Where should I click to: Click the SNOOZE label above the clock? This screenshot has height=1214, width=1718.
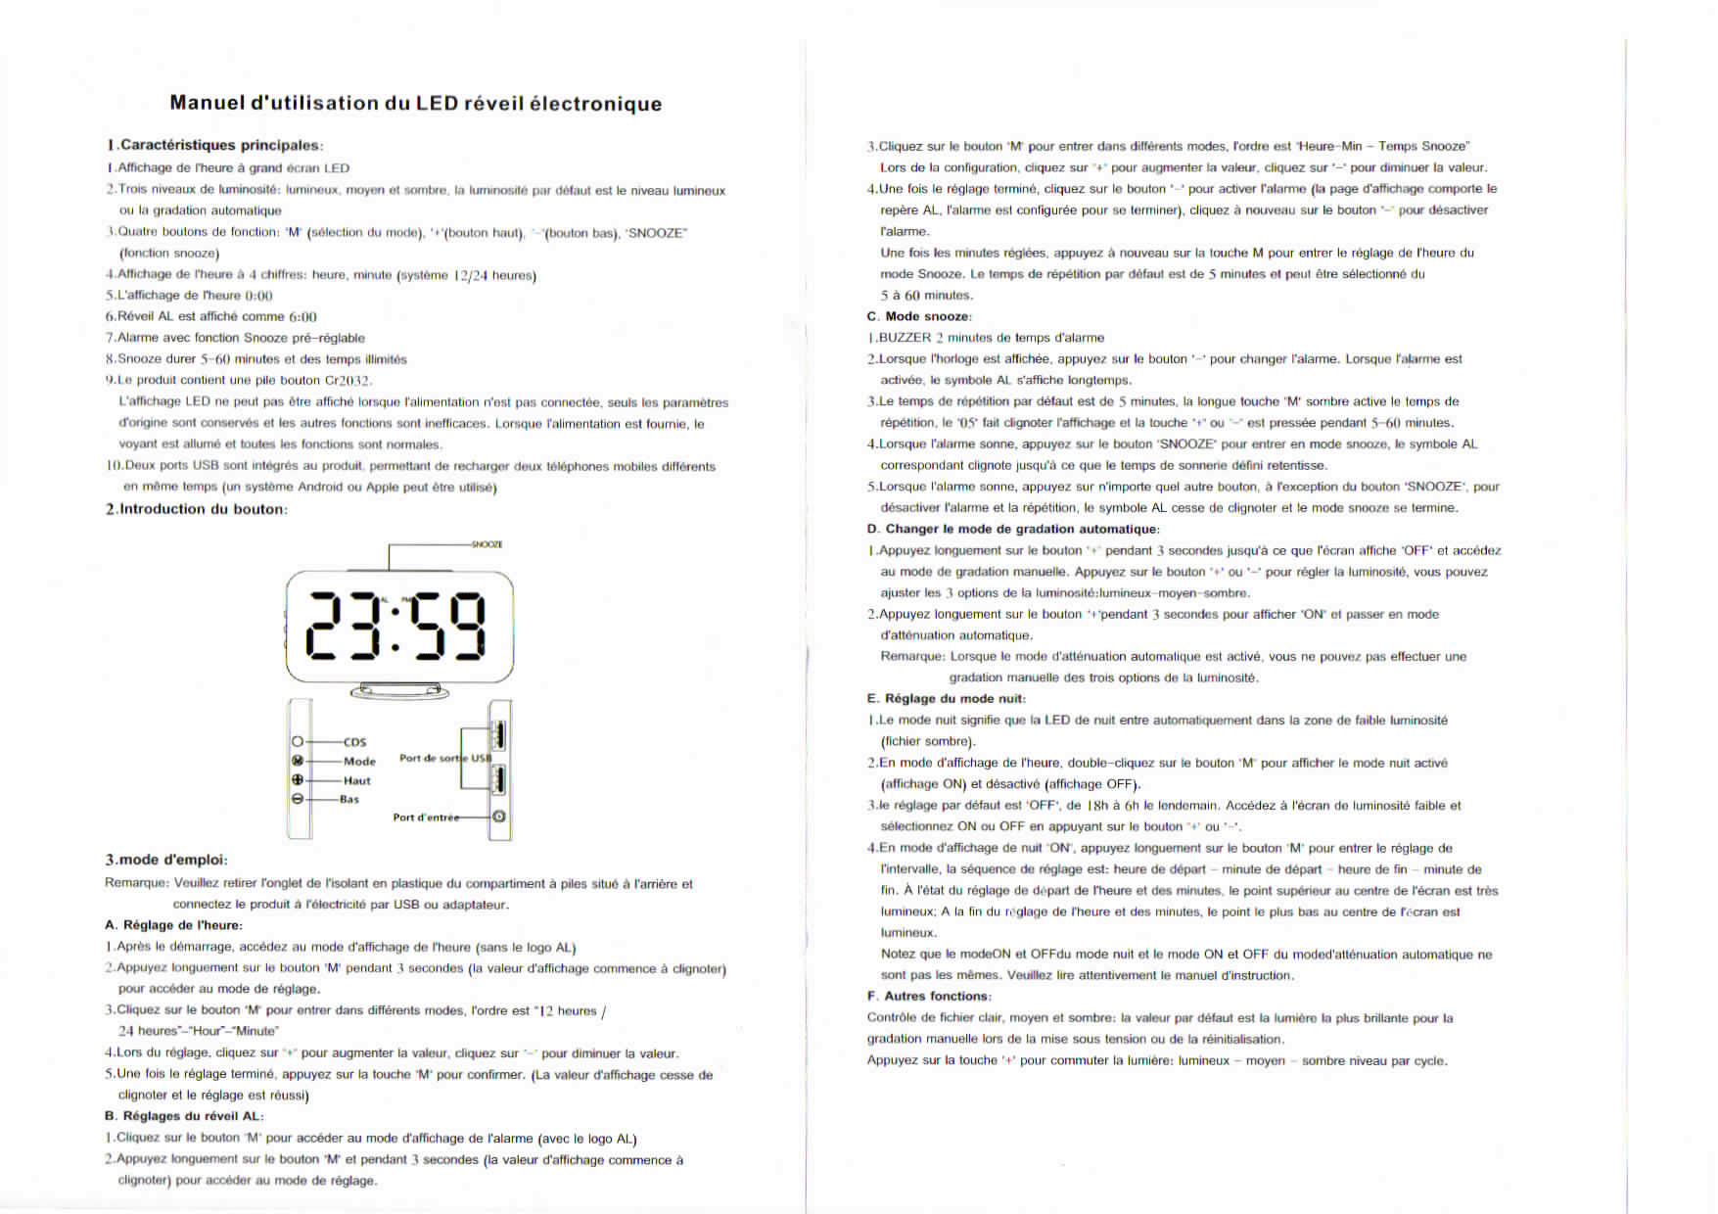click(x=487, y=544)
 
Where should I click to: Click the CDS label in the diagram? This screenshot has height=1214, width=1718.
click(x=354, y=742)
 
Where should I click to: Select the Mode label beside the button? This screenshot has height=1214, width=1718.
click(x=359, y=762)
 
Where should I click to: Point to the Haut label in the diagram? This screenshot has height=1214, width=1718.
click(x=356, y=781)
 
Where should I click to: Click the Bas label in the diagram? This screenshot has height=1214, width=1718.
click(x=349, y=800)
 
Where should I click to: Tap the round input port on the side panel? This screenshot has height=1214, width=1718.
click(x=499, y=817)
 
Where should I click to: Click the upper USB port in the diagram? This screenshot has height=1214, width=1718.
click(x=498, y=734)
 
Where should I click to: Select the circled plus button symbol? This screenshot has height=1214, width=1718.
click(x=298, y=780)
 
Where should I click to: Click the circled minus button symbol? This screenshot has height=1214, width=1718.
click(x=298, y=799)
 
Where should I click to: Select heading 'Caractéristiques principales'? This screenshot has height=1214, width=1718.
click(x=220, y=146)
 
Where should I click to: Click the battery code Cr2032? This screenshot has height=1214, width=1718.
click(x=348, y=381)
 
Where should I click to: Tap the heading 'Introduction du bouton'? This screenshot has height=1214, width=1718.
click(x=202, y=509)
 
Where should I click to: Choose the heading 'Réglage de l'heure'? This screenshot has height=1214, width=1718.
click(x=182, y=925)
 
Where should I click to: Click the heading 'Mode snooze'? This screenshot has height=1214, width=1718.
click(x=927, y=316)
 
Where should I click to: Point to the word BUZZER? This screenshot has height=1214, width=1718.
click(x=905, y=338)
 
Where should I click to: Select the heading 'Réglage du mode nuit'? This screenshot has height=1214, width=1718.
click(x=954, y=699)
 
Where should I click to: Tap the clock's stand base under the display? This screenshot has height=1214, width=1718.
click(x=399, y=692)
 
